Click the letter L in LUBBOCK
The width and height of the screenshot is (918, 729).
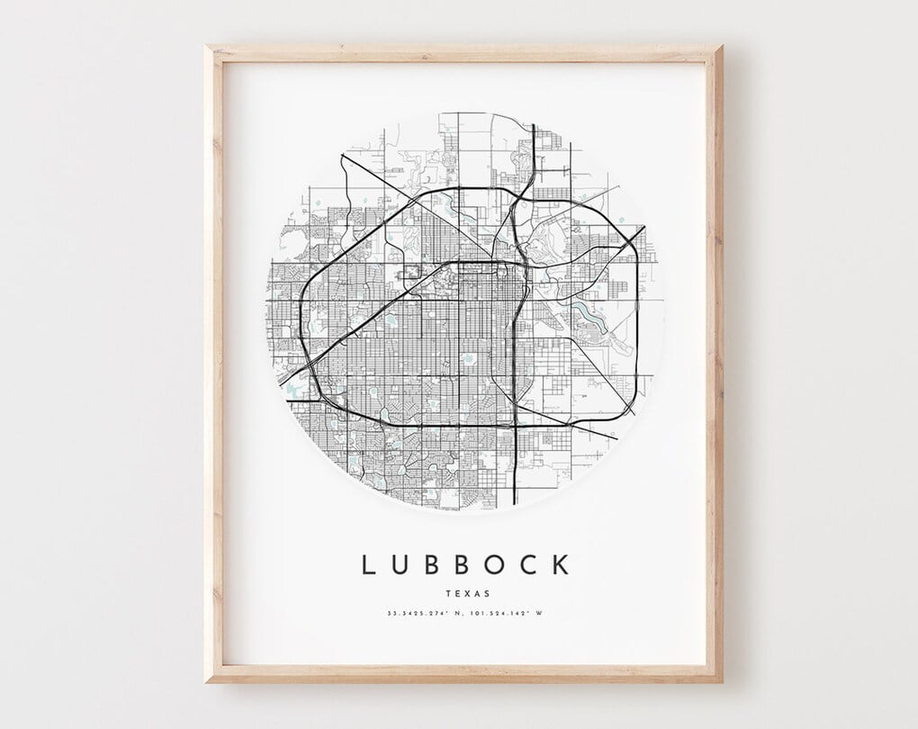click(367, 565)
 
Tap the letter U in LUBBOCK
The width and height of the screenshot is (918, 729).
click(400, 565)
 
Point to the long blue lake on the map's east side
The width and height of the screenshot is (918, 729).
click(596, 315)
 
